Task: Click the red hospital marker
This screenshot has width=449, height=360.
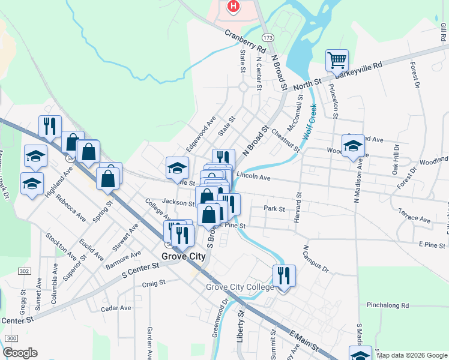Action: coord(233,7)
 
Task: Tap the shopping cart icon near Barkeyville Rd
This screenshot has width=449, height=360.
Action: coord(337,60)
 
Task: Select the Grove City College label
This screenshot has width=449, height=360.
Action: coord(240,287)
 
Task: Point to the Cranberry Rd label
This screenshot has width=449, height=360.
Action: coord(246,40)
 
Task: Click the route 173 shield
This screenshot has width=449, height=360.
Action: coord(268,38)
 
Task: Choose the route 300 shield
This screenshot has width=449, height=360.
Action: coord(10,339)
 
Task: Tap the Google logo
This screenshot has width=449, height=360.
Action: coord(20,353)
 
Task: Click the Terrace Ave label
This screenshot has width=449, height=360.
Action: coord(415,216)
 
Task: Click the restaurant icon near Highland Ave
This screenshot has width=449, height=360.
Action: coord(50,126)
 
